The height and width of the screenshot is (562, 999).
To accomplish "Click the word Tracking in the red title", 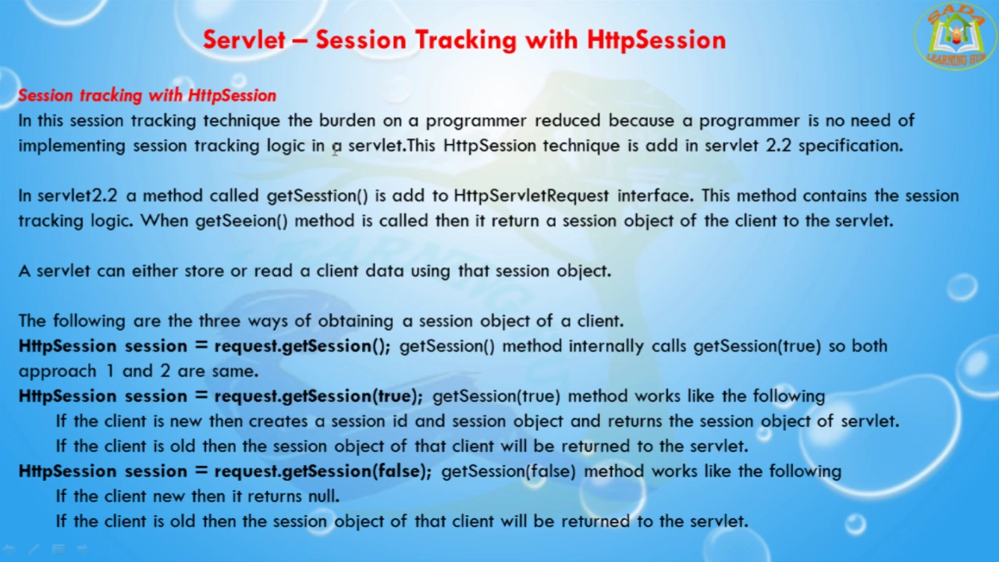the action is (x=466, y=40).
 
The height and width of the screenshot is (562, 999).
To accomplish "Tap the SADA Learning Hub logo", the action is (x=955, y=36).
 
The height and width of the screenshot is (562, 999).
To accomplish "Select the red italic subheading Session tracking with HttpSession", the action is (x=148, y=95).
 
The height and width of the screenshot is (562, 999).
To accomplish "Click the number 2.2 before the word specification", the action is (x=778, y=145).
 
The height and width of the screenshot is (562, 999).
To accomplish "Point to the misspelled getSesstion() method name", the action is (x=317, y=196).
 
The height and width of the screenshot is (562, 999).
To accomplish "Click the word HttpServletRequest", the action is (x=531, y=196).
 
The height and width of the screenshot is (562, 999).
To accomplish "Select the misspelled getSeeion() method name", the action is (x=241, y=221).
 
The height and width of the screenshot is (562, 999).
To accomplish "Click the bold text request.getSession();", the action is (x=302, y=347).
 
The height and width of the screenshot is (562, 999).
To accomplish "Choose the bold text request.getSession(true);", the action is (x=318, y=397).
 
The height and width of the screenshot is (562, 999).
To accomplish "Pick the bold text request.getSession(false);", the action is (x=323, y=471).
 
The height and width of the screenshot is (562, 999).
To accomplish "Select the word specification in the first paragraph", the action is (x=851, y=146).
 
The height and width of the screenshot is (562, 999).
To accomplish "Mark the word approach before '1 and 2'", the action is (x=58, y=372).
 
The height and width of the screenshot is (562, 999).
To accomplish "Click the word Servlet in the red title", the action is (x=244, y=40).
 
